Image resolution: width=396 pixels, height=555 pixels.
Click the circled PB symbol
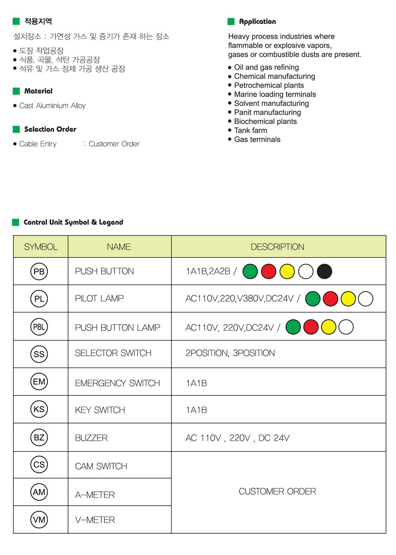(39, 271)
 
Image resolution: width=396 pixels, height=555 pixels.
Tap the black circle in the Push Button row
(324, 271)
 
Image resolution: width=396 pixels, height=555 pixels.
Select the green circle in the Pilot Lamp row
(313, 299)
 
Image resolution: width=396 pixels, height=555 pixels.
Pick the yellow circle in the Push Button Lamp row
(329, 327)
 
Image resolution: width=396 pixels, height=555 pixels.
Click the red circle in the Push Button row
(268, 271)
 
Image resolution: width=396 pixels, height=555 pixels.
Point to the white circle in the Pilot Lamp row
(366, 299)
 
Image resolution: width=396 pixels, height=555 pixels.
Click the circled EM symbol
(39, 381)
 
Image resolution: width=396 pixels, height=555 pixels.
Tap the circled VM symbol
(39, 520)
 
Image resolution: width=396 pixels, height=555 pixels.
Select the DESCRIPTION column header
(277, 247)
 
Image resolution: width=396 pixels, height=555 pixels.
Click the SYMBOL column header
(41, 247)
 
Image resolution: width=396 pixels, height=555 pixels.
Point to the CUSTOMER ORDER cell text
(277, 491)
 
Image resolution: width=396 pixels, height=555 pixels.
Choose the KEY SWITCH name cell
(100, 410)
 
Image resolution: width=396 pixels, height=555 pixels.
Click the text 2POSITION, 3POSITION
(230, 353)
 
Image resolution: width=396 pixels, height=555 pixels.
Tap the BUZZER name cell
(91, 438)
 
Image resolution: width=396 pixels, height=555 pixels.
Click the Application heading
(257, 22)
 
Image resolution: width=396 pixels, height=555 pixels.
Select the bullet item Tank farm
(251, 130)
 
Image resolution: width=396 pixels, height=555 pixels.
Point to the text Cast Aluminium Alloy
(53, 105)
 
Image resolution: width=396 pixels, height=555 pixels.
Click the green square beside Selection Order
(16, 129)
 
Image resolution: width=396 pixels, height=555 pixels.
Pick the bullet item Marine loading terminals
(275, 94)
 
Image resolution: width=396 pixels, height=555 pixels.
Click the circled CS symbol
(39, 464)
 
